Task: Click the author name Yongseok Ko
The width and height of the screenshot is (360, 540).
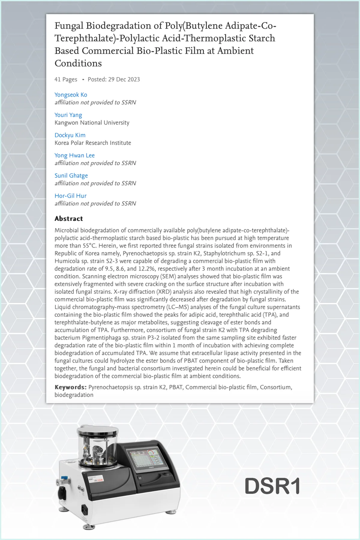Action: [71, 95]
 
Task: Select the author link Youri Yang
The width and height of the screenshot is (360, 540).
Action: [68, 115]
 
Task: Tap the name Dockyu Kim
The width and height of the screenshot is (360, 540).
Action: [70, 135]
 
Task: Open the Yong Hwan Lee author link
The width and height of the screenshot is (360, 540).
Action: [74, 155]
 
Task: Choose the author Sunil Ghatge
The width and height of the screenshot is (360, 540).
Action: [71, 175]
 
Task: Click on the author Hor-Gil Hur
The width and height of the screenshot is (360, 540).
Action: [70, 196]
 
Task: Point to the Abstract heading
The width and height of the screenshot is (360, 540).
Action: [69, 219]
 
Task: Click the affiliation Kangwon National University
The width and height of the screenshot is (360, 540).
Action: [92, 123]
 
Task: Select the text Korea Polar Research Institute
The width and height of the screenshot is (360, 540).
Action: [93, 143]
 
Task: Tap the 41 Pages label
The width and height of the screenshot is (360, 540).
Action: [66, 79]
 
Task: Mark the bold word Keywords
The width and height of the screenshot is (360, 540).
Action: [70, 387]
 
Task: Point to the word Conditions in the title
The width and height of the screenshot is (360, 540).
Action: [78, 63]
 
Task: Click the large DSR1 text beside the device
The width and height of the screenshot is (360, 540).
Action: [272, 486]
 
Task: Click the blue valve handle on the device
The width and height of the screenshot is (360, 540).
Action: [64, 477]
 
